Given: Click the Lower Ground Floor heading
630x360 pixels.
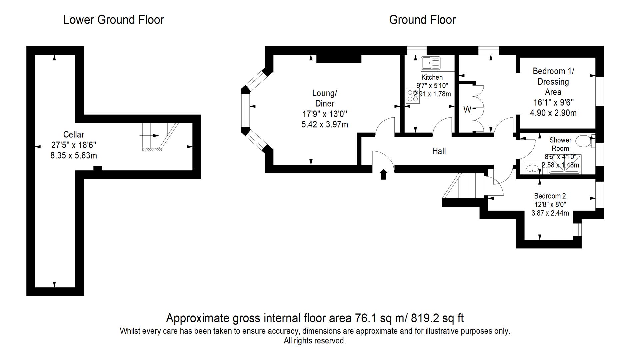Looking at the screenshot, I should pyautogui.click(x=113, y=20).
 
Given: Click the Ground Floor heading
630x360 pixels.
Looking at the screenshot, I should pyautogui.click(x=422, y=20).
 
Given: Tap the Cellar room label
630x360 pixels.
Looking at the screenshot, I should pyautogui.click(x=74, y=135).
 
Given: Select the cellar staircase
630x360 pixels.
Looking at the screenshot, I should pyautogui.click(x=157, y=137).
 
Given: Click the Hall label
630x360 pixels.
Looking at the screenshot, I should pyautogui.click(x=439, y=151).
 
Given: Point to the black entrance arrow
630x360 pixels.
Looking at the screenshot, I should pyautogui.click(x=383, y=174).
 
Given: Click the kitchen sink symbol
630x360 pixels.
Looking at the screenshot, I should pyautogui.click(x=430, y=63).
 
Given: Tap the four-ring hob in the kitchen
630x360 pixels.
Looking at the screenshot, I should pyautogui.click(x=413, y=96).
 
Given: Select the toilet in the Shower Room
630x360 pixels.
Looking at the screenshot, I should pyautogui.click(x=584, y=141).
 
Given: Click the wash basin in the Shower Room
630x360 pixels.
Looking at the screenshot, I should pyautogui.click(x=532, y=168).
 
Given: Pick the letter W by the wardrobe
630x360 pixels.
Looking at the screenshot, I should pyautogui.click(x=467, y=109).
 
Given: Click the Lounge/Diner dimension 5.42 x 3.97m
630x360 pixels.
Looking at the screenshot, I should pyautogui.click(x=324, y=125).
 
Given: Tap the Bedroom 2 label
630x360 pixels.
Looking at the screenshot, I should pyautogui.click(x=550, y=196).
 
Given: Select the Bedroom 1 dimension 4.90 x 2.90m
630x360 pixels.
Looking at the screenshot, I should pyautogui.click(x=553, y=113).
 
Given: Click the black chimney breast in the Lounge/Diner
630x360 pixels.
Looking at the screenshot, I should pyautogui.click(x=339, y=59).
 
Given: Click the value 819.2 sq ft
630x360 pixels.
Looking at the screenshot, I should pyautogui.click(x=437, y=318).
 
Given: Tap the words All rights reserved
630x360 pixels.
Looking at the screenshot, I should pyautogui.click(x=315, y=341).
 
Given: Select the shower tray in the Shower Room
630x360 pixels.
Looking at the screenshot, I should pyautogui.click(x=564, y=164).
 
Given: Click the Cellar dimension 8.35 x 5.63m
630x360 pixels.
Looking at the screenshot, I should pyautogui.click(x=74, y=155).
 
